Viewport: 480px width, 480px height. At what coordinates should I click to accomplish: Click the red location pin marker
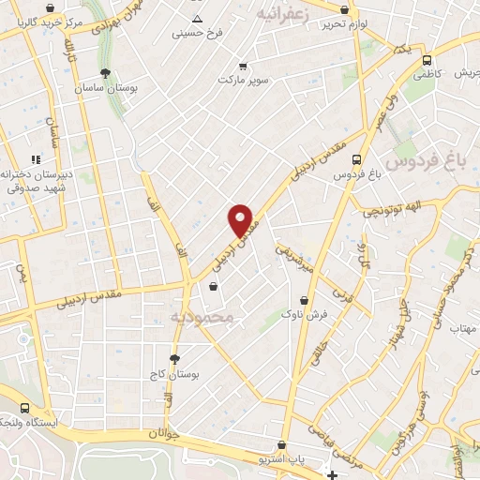[x=242, y=220]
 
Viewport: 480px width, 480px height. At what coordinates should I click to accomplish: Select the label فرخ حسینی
[x=197, y=33]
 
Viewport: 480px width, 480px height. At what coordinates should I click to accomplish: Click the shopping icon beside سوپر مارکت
[x=244, y=67]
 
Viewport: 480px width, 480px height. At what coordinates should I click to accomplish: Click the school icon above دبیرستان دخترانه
[x=36, y=159]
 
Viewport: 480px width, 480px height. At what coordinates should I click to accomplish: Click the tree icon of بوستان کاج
[x=174, y=358]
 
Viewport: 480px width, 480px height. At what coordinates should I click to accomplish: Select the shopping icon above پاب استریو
[x=281, y=445]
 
